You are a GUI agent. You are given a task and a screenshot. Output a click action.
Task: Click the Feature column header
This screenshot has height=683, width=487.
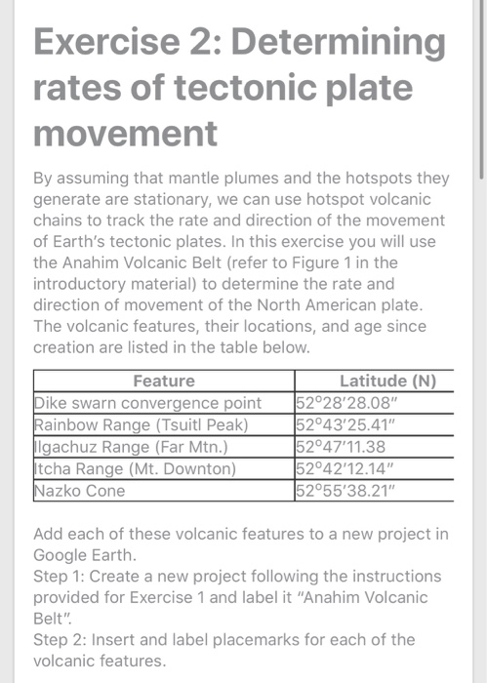pos(164,382)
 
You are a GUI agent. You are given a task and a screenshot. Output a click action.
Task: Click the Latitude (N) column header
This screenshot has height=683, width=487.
pos(387,382)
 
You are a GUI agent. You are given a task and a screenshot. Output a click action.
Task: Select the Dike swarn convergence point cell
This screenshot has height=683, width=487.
pos(148,403)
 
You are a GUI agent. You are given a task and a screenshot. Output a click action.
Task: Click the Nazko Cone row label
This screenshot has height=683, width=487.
pos(80,490)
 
